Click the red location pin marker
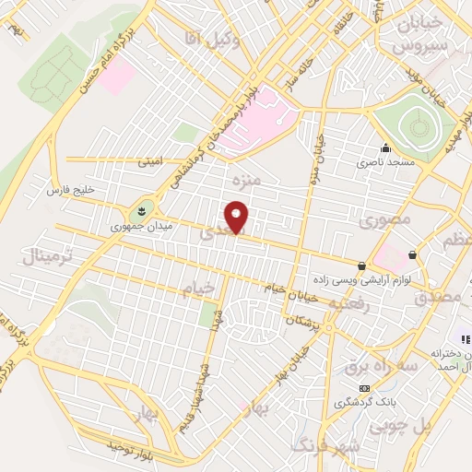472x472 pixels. [x=238, y=218]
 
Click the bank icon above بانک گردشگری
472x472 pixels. [x=365, y=388]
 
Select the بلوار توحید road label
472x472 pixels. [x=126, y=446]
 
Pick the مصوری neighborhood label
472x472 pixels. [x=381, y=222]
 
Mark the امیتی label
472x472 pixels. [x=148, y=161]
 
